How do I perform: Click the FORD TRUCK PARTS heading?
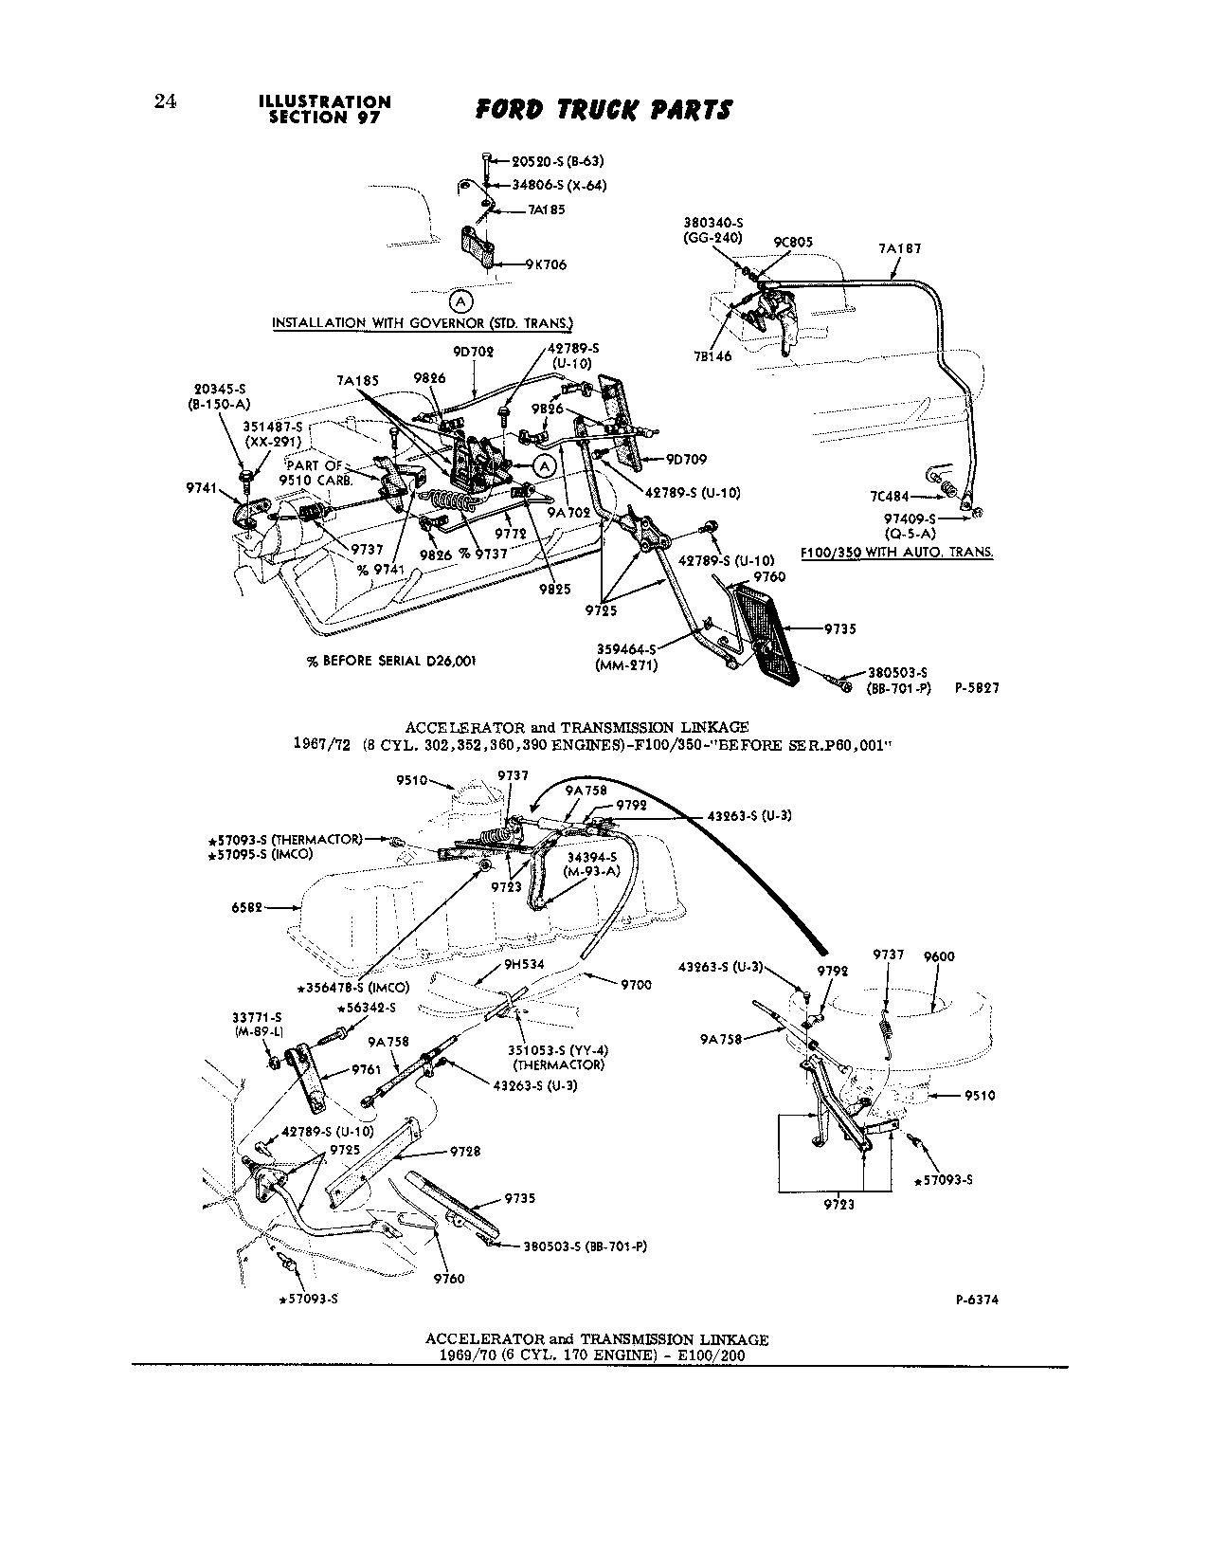pyautogui.click(x=604, y=109)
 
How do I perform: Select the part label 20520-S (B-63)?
pyautogui.click(x=550, y=161)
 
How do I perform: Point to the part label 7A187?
pyautogui.click(x=899, y=248)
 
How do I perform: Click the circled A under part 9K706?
pyautogui.click(x=460, y=301)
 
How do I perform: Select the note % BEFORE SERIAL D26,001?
pyautogui.click(x=389, y=661)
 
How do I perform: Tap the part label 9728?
pyautogui.click(x=464, y=1152)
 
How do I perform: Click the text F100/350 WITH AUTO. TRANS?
pyautogui.click(x=896, y=551)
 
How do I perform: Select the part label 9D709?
pyautogui.click(x=687, y=459)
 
